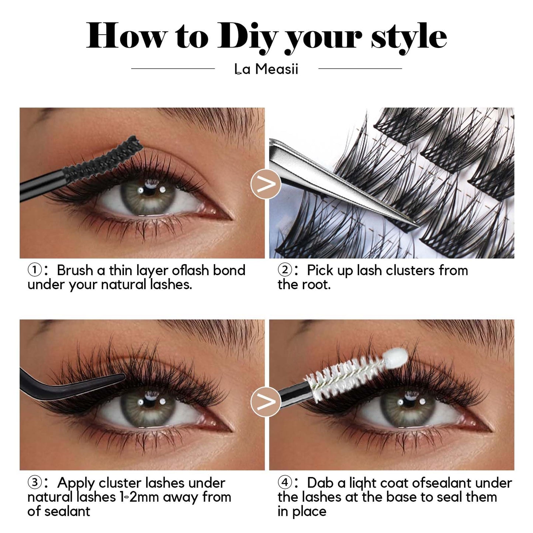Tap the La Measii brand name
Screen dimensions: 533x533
[x=266, y=69]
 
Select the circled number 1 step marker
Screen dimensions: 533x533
[x=34, y=270]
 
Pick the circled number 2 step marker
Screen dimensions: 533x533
[x=284, y=270]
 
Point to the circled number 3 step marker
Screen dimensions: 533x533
[x=34, y=491]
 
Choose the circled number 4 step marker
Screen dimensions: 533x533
[x=284, y=491]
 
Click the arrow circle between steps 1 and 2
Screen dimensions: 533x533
[x=266, y=184]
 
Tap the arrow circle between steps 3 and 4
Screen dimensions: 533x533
[x=266, y=402]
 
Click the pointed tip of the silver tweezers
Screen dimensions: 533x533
[x=420, y=226]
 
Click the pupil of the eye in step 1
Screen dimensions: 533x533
[x=149, y=191]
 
